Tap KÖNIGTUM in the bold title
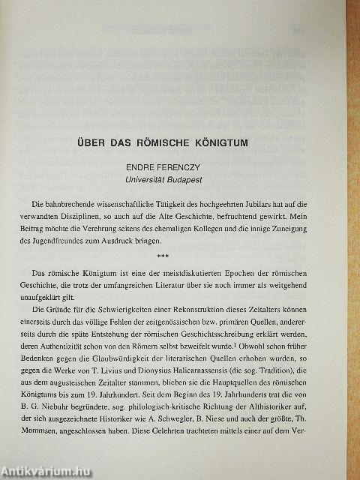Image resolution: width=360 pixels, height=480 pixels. coord(237,140)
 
